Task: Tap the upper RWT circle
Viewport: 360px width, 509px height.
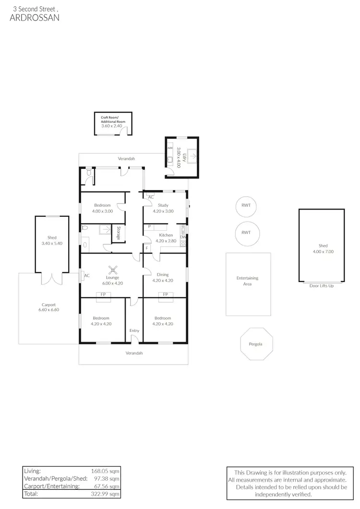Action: tap(246, 206)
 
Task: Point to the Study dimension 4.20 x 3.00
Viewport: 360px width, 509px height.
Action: tap(163, 211)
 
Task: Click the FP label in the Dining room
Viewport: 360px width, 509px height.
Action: tap(166, 295)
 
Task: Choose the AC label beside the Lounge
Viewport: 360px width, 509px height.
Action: tap(87, 275)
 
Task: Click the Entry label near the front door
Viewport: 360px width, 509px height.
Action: tap(134, 331)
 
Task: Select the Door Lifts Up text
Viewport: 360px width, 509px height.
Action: tap(322, 286)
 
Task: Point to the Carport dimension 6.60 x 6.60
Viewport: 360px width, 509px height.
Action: tap(49, 310)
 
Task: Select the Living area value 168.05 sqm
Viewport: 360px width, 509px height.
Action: tap(105, 471)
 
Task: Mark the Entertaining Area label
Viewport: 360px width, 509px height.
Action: tap(247, 281)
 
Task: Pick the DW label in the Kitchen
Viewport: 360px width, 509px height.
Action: tap(183, 237)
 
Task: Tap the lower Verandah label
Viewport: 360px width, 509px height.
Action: tap(134, 353)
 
